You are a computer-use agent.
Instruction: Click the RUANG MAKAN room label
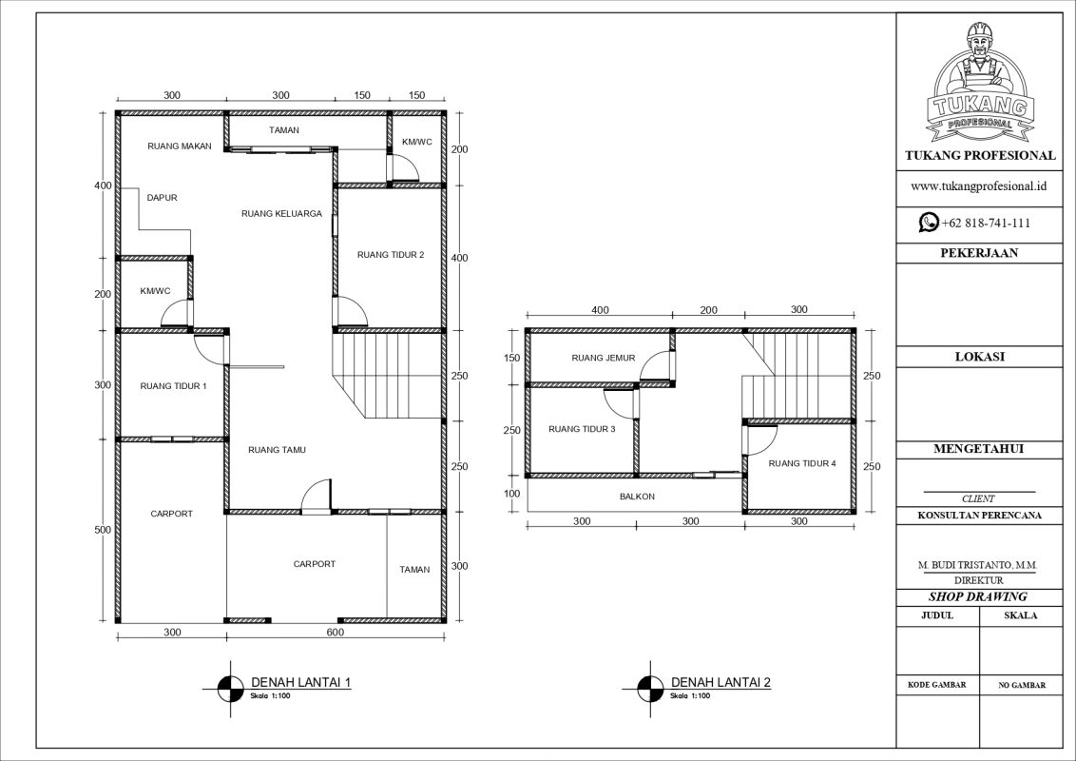pyautogui.click(x=179, y=146)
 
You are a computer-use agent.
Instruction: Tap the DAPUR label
pyautogui.click(x=162, y=198)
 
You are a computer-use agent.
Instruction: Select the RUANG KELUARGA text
pyautogui.click(x=281, y=214)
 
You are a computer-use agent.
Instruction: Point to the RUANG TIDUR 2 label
pyautogui.click(x=390, y=255)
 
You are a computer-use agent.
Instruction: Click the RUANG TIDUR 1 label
pyautogui.click(x=173, y=386)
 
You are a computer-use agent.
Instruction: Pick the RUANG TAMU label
pyautogui.click(x=276, y=450)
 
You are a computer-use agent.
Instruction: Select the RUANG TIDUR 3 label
pyautogui.click(x=582, y=430)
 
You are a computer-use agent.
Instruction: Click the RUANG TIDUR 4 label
pyautogui.click(x=801, y=464)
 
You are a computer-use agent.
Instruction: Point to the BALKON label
pyautogui.click(x=636, y=497)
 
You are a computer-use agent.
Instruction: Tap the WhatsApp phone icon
pyautogui.click(x=928, y=223)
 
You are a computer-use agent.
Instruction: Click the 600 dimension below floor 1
pyautogui.click(x=335, y=633)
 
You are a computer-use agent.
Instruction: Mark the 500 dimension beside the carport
pyautogui.click(x=104, y=530)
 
